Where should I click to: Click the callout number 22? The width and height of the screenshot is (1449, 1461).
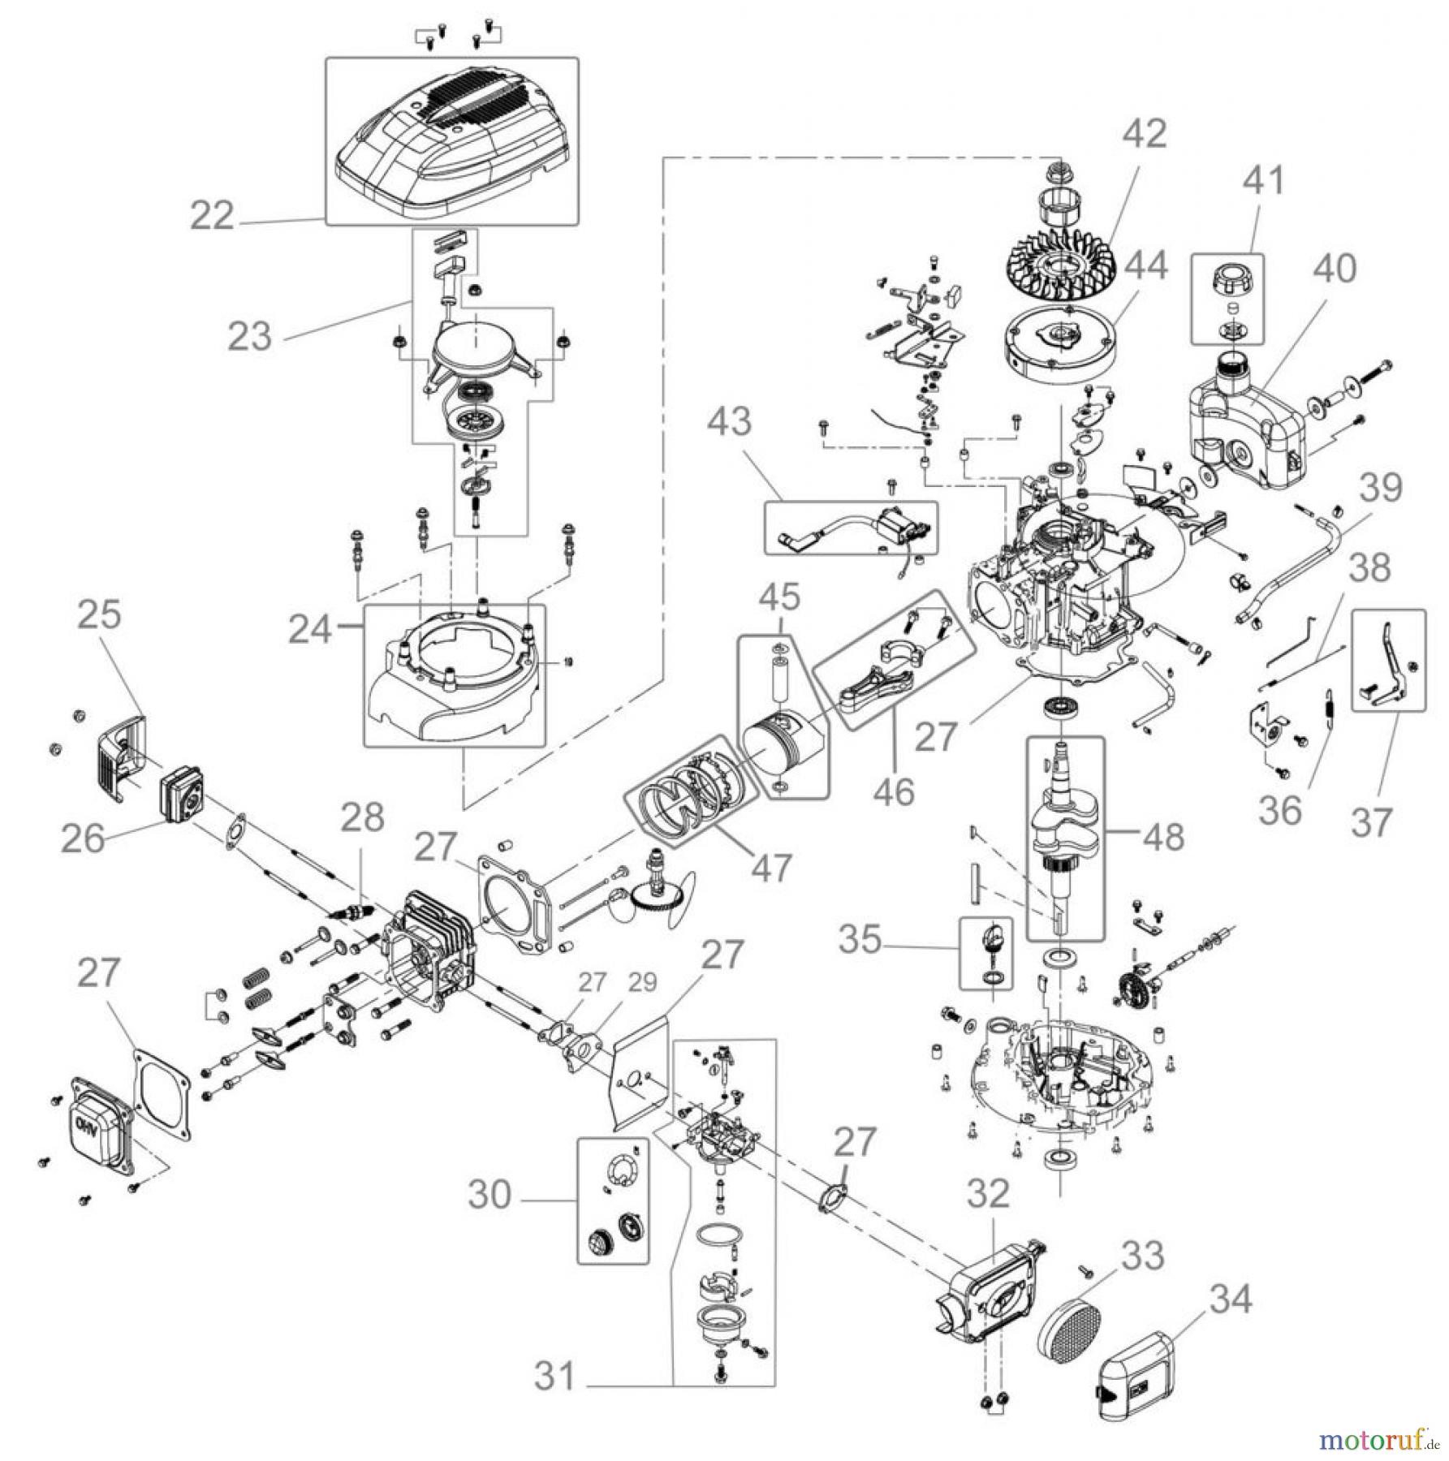[x=212, y=216]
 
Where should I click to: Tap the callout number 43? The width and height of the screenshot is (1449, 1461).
[x=729, y=422]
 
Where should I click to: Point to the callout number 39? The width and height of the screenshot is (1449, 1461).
[x=1381, y=488]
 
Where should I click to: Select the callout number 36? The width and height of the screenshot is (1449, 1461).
[x=1279, y=809]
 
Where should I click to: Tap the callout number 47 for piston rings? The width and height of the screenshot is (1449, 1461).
[x=770, y=867]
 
